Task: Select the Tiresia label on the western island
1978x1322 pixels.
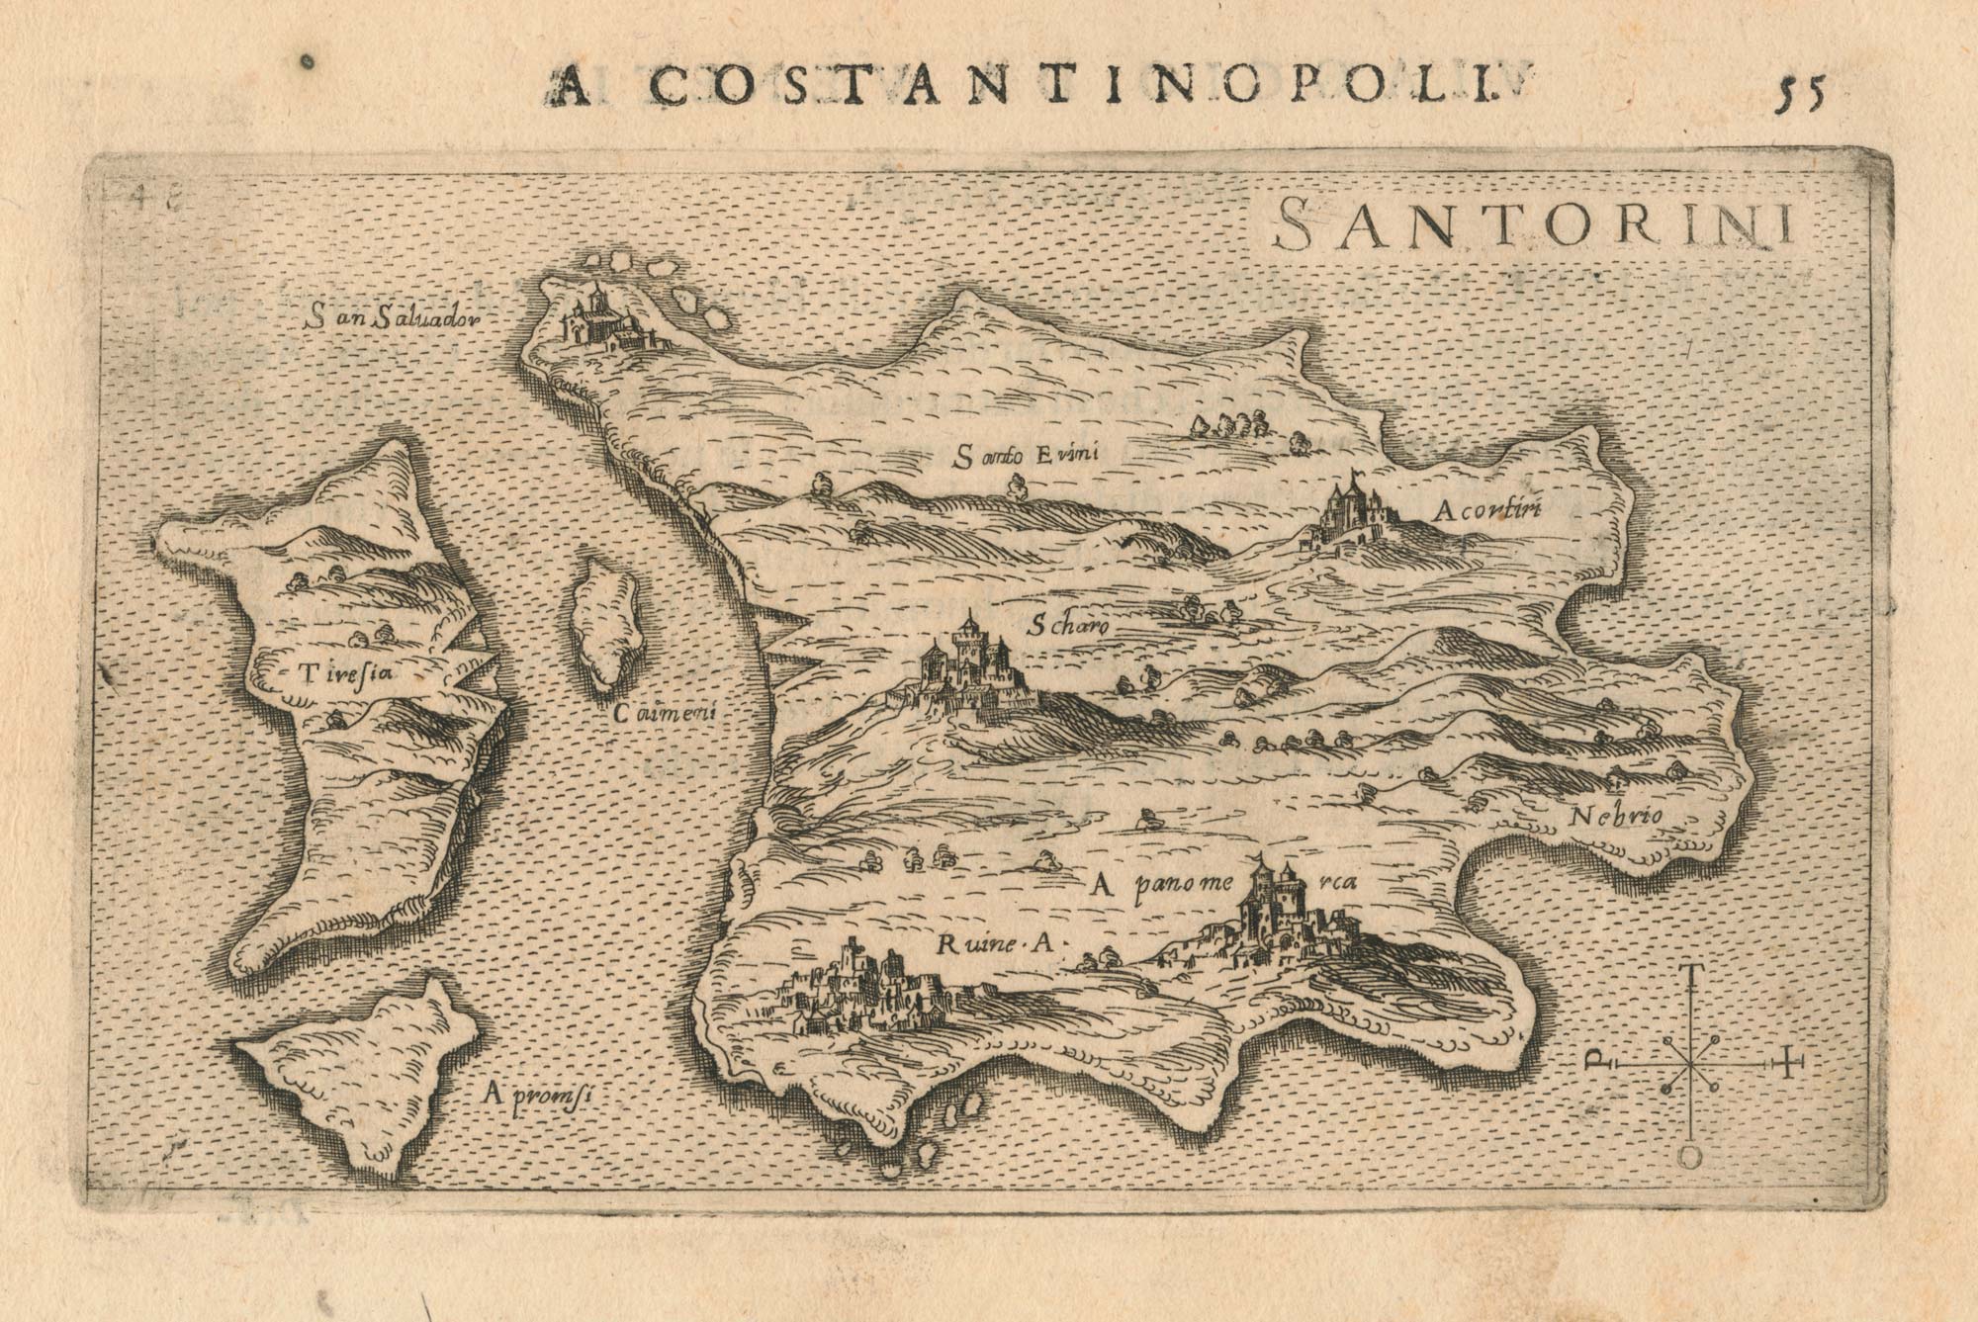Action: [x=344, y=675]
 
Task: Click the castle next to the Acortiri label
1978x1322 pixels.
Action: [x=1350, y=514]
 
